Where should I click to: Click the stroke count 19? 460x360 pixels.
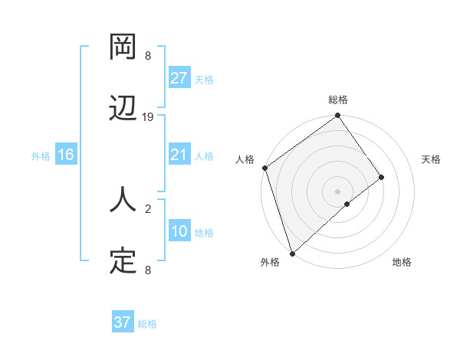pyautogui.click(x=148, y=117)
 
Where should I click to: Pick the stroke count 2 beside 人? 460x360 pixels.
pyautogui.click(x=148, y=208)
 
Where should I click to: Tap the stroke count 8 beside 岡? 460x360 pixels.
pyautogui.click(x=148, y=56)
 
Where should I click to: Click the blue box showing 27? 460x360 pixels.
pyautogui.click(x=179, y=78)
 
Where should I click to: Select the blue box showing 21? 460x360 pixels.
pyautogui.click(x=179, y=155)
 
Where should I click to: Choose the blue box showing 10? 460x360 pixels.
pyautogui.click(x=179, y=232)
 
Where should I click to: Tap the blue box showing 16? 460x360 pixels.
pyautogui.click(x=66, y=155)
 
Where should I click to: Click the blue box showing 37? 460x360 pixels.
pyautogui.click(x=123, y=322)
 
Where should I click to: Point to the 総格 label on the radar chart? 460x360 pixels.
pyautogui.click(x=338, y=100)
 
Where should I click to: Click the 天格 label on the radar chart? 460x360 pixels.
pyautogui.click(x=431, y=159)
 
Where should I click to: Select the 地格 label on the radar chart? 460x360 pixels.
pyautogui.click(x=402, y=262)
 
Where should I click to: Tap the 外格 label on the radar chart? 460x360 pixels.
pyautogui.click(x=270, y=262)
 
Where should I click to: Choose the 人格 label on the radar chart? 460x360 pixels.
pyautogui.click(x=245, y=159)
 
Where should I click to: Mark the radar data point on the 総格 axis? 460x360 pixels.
pyautogui.click(x=337, y=116)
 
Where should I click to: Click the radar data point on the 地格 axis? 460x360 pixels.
pyautogui.click(x=347, y=204)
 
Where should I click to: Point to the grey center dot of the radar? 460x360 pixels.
pyautogui.click(x=337, y=191)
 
